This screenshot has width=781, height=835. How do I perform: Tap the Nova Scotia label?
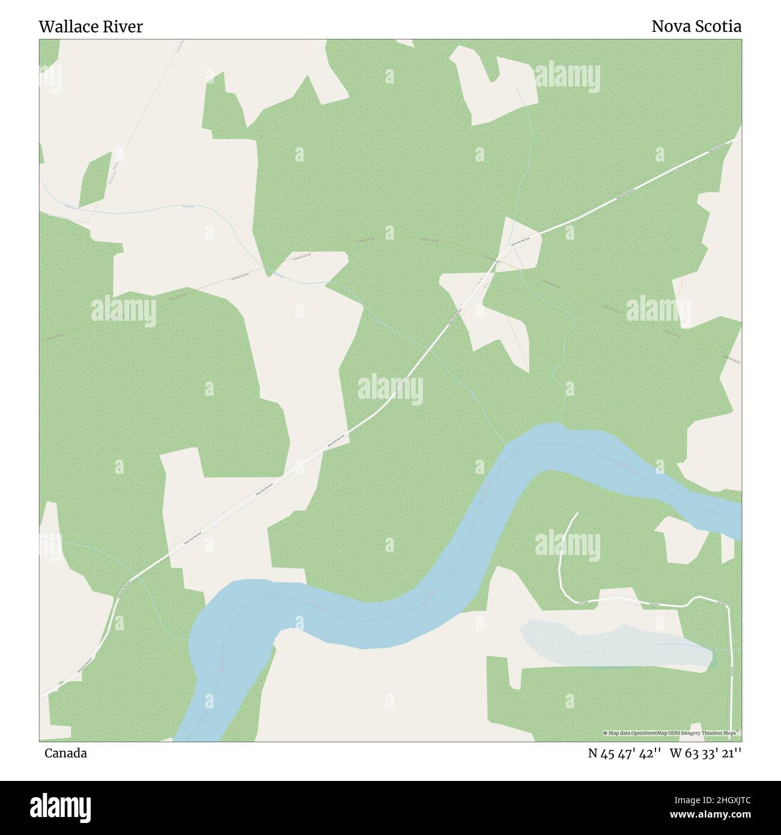[696, 26]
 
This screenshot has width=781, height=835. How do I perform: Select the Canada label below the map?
[65, 753]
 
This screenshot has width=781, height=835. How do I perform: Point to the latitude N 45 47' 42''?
[625, 753]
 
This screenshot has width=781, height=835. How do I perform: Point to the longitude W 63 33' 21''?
[706, 753]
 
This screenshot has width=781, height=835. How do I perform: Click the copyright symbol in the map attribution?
[606, 733]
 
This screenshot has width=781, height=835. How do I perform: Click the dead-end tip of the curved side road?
[577, 513]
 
